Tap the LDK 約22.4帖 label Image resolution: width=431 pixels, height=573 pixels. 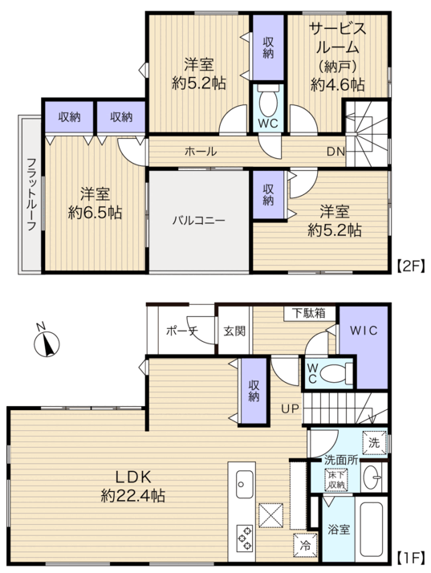coord(133,486)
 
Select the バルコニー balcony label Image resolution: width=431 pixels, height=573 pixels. coord(199,221)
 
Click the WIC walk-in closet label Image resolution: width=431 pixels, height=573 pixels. coord(364,331)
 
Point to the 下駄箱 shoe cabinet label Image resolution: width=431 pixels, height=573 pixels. coord(309,313)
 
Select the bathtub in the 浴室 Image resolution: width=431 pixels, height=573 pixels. coord(372,529)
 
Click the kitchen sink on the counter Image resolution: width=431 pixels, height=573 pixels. coord(244,484)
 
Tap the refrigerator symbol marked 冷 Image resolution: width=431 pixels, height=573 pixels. coord(305,545)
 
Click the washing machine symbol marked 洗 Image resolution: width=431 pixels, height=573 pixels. coord(374,443)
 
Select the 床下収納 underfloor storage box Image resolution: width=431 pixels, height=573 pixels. coord(336,480)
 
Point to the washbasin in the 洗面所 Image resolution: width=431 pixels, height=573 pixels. coord(372,477)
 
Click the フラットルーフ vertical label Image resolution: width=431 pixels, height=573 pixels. coord(31,194)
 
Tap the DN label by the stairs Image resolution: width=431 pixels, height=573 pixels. coord(335,152)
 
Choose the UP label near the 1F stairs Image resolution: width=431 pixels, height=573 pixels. coord(291,408)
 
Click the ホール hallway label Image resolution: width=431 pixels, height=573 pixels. coord(201,151)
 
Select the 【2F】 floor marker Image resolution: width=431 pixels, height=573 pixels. coord(410,266)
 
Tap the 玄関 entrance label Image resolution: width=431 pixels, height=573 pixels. coord(234,331)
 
